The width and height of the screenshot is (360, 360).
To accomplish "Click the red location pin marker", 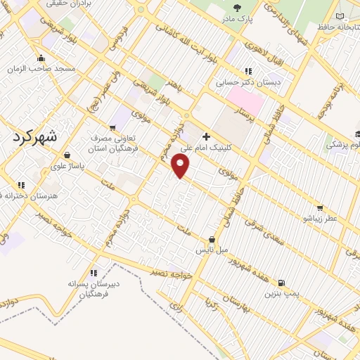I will [181, 165].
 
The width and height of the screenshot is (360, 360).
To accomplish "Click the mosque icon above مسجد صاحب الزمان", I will [41, 58].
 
